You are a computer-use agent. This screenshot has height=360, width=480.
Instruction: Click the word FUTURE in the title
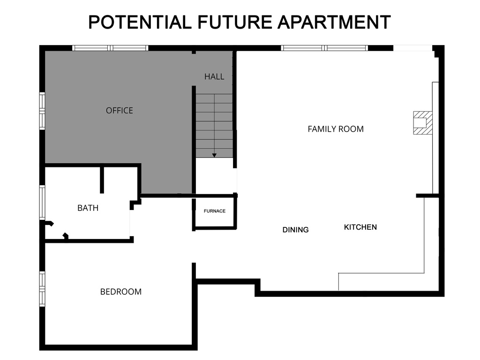click(x=234, y=22)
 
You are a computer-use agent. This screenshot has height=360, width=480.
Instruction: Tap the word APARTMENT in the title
click(x=334, y=22)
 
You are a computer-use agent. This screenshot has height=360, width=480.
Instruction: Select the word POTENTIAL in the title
click(x=140, y=22)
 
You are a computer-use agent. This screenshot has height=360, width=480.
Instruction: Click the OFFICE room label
click(x=120, y=111)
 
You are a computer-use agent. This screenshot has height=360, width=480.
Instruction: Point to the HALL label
click(x=214, y=76)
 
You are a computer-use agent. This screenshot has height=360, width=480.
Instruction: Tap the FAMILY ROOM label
click(x=336, y=129)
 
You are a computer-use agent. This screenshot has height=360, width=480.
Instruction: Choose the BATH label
click(x=88, y=208)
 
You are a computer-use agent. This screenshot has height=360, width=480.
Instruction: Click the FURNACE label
click(x=215, y=211)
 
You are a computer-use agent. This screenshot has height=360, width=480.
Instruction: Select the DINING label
click(x=296, y=230)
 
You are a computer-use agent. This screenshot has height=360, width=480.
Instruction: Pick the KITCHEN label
click(x=360, y=227)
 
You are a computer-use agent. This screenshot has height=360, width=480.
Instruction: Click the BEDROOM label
click(x=121, y=292)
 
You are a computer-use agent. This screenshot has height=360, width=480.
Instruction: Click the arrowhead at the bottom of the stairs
click(x=214, y=155)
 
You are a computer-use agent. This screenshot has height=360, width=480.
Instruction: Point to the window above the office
click(x=110, y=48)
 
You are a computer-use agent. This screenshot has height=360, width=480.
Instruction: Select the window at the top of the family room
click(x=324, y=48)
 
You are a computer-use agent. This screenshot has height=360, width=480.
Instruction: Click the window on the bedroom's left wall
click(x=42, y=288)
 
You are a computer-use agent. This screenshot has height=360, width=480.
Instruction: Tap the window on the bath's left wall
click(x=42, y=202)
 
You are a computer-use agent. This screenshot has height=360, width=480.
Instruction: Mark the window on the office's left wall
click(x=42, y=111)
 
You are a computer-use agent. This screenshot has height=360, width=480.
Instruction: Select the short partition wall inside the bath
click(x=102, y=179)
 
